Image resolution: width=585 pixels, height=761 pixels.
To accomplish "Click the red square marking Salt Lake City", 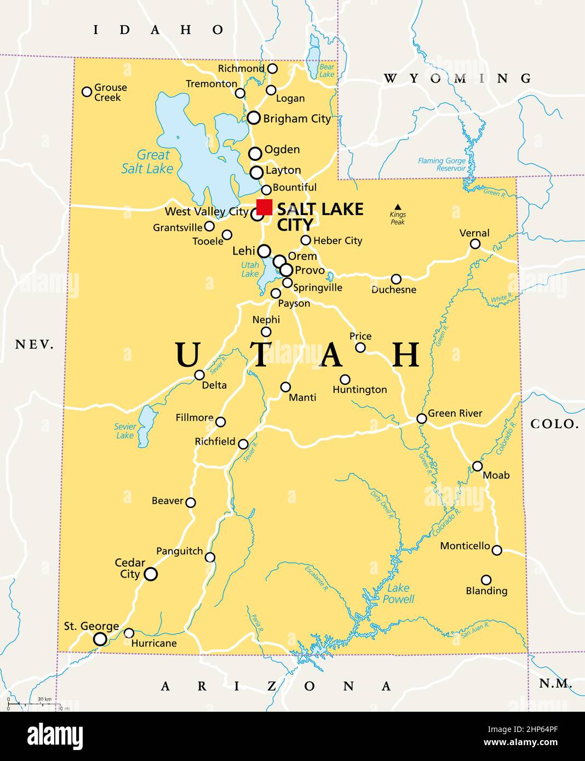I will pos(264,207).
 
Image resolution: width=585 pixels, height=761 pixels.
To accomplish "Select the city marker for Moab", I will pos(477,466).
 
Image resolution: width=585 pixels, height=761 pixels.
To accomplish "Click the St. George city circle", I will pos(100,639).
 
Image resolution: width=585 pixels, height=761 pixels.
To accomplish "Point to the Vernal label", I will pos(474,233).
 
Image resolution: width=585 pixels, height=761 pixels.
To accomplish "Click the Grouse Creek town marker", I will pos(87,91).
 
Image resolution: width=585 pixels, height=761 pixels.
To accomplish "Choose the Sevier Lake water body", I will pos(146,425).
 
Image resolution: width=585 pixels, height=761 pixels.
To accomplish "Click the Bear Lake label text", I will pos(326,71).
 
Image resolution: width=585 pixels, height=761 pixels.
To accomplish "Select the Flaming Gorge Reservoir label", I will pos(441,165).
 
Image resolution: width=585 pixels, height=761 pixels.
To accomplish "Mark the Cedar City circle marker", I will pos(151,574).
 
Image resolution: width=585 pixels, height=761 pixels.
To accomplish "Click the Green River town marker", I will pos(421,418).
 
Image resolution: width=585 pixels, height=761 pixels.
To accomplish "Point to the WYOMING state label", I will pos(457,78).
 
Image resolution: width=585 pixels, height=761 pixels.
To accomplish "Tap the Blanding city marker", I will pos(486,580).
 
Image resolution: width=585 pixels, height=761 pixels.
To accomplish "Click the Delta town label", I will pos(214,385).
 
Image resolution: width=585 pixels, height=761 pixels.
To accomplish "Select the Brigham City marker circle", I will pos(254,117).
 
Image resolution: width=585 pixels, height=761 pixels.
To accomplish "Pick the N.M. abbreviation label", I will pos(555,683).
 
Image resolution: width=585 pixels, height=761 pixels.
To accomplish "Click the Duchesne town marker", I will pos(396,279).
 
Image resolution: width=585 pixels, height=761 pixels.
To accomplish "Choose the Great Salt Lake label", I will pos(147,162).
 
